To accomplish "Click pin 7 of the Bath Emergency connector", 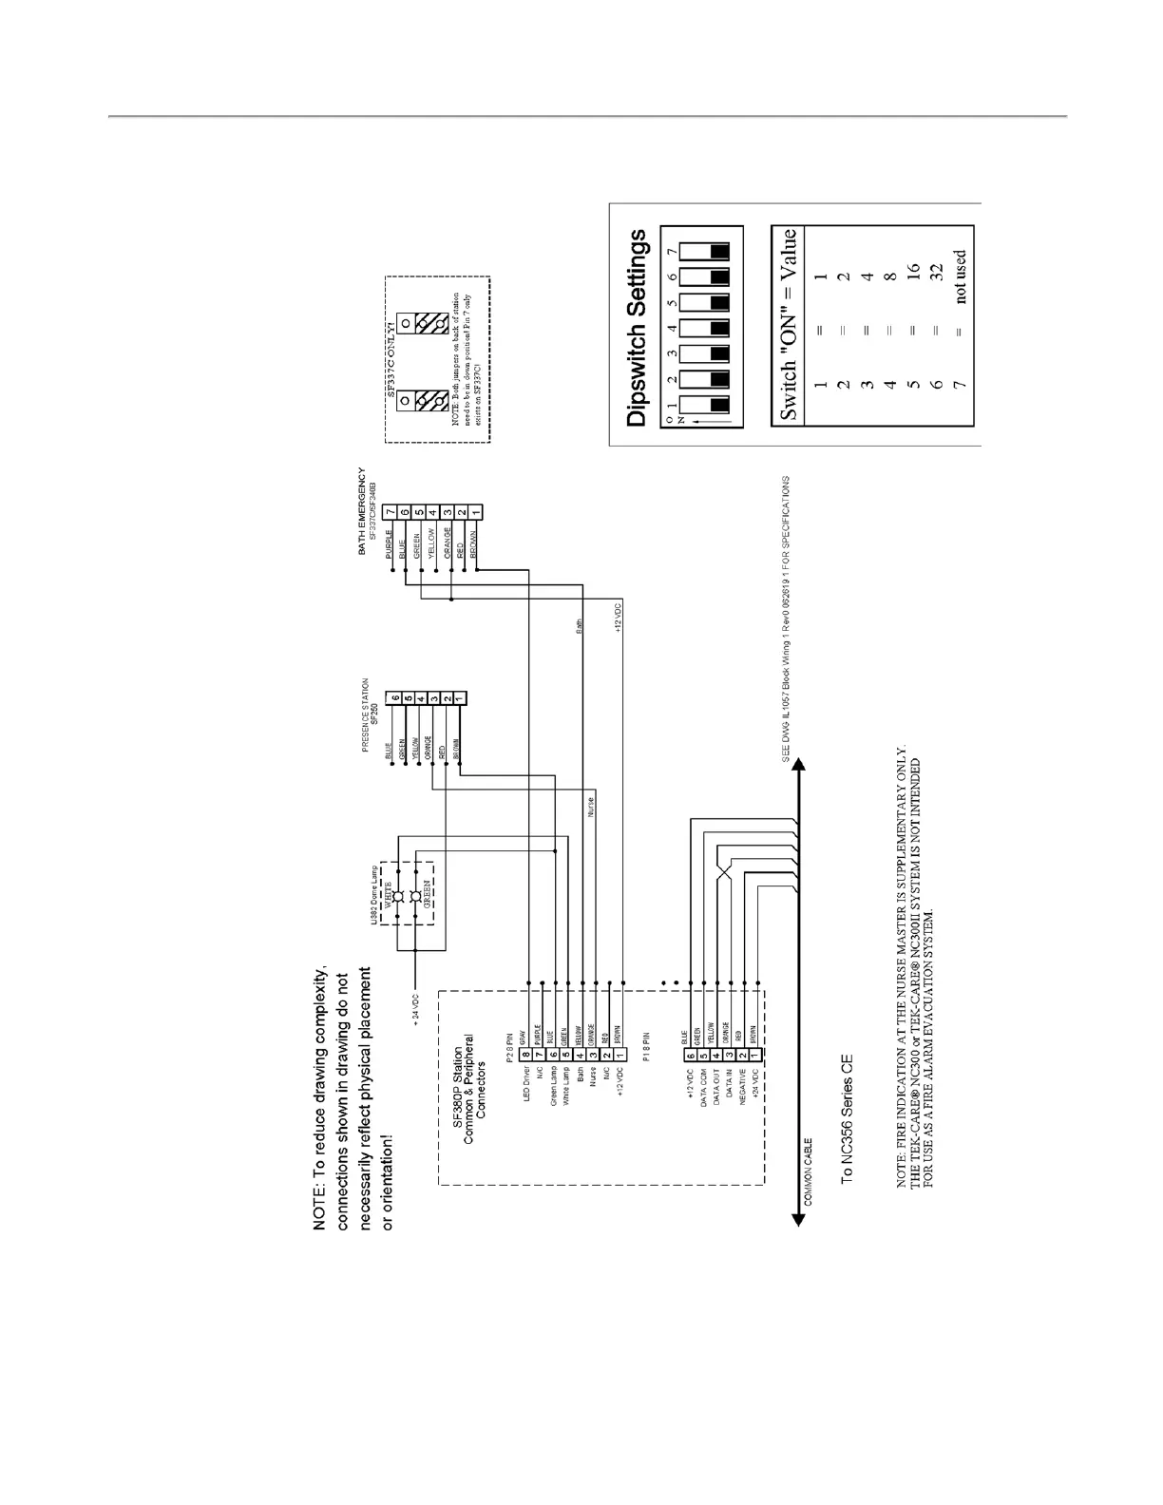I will (x=391, y=512).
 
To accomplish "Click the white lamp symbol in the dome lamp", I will (x=400, y=896).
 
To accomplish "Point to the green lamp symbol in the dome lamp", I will (x=416, y=896).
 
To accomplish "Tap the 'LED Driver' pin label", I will (x=524, y=1079).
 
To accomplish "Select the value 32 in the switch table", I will (x=937, y=274).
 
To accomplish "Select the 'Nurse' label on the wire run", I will (x=591, y=807).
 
